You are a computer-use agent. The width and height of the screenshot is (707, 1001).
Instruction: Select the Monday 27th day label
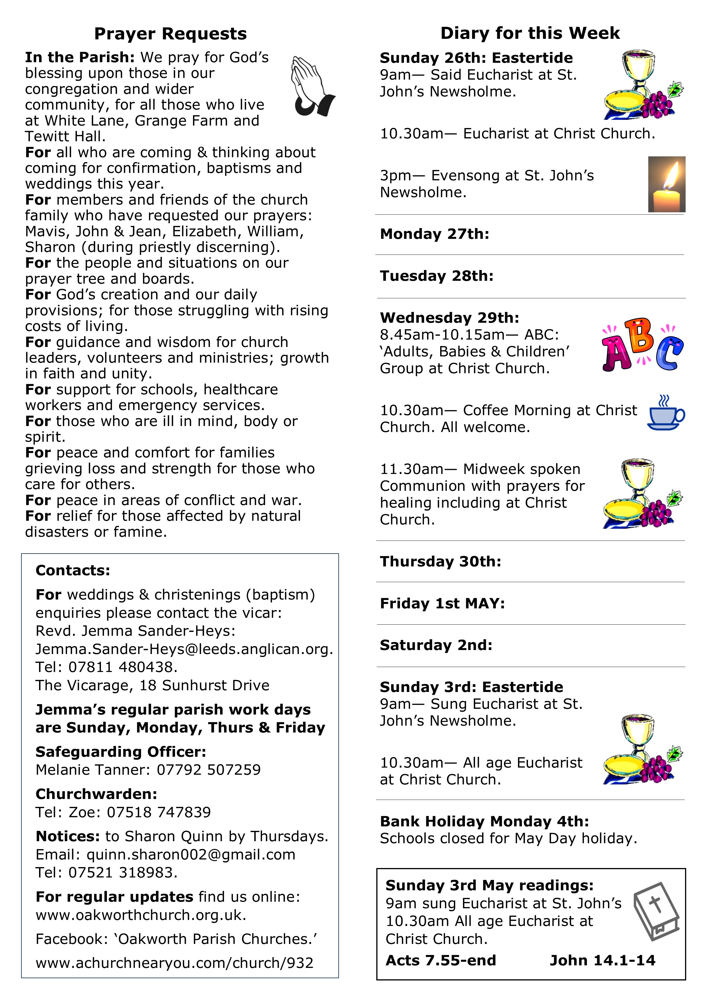click(434, 234)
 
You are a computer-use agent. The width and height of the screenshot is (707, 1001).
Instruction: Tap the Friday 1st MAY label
click(442, 604)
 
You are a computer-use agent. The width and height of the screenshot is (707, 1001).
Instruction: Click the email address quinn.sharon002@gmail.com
click(191, 855)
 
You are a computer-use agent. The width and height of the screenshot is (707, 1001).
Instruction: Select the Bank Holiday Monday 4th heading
click(484, 822)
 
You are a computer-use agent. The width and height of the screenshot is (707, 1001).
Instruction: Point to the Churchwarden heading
click(96, 794)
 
